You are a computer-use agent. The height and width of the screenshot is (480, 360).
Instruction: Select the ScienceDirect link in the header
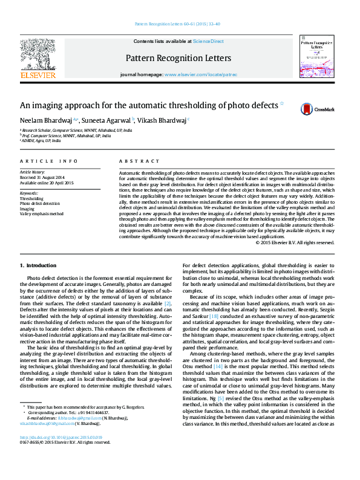coord(208,41)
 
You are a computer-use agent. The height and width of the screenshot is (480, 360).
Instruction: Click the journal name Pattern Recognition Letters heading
coord(178,59)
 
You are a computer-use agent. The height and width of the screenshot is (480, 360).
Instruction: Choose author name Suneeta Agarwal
coord(105,120)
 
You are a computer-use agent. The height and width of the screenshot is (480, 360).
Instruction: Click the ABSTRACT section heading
coord(131,161)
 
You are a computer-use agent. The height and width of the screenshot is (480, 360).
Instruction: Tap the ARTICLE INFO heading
coord(49,161)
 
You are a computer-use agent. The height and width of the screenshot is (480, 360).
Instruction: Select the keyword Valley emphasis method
coord(41,213)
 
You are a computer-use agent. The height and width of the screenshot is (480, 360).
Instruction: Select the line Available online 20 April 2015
coord(47,183)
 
